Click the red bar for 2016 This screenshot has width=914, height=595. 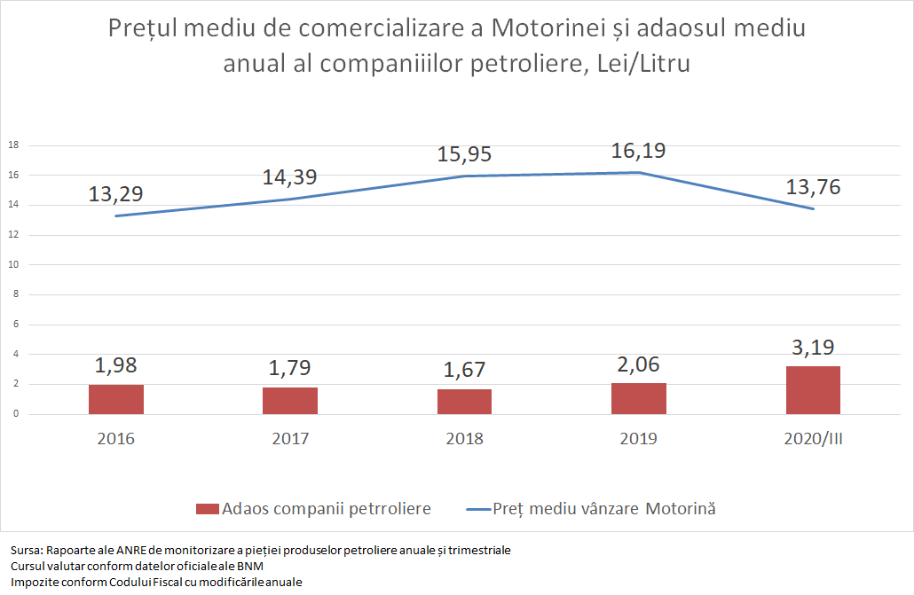click(116, 399)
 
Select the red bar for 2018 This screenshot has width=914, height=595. click(464, 402)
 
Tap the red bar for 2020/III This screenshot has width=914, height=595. click(813, 390)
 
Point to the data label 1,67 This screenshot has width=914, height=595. click(464, 370)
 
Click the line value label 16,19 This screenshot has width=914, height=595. click(638, 150)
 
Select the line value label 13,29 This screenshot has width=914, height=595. click(116, 192)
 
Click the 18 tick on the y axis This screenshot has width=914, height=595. click(13, 145)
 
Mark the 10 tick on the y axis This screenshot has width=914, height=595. click(13, 265)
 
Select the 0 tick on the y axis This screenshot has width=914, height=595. click(15, 414)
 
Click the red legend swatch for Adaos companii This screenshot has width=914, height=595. click(207, 509)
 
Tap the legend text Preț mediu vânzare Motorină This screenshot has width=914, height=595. click(604, 509)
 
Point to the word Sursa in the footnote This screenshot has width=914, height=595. click(26, 551)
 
